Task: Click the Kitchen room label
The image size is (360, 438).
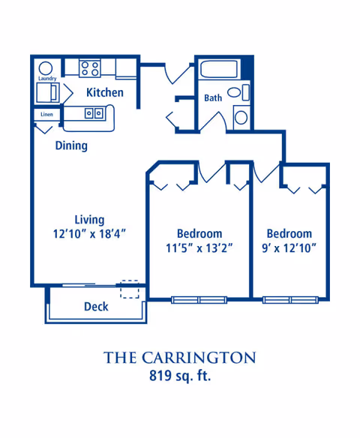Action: (x=105, y=92)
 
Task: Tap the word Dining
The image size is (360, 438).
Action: (x=71, y=145)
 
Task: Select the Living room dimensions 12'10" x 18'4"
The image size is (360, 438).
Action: (x=89, y=234)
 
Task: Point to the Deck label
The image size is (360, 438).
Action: (x=96, y=307)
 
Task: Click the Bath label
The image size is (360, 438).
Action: (x=213, y=97)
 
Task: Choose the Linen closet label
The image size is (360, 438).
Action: (x=46, y=114)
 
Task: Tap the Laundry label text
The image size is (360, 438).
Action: (x=47, y=79)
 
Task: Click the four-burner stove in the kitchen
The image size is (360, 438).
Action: (x=90, y=68)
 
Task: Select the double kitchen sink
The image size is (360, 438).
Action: (x=94, y=113)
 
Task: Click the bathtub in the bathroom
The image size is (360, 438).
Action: (x=219, y=69)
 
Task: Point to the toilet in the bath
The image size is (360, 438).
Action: (x=238, y=92)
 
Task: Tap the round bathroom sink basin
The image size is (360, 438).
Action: (x=241, y=117)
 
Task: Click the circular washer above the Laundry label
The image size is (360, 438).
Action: (x=46, y=68)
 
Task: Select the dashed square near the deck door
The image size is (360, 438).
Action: (x=130, y=289)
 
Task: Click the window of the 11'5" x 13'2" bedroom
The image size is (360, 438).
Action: (x=199, y=300)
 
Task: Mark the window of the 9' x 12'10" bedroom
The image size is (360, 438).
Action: (x=290, y=300)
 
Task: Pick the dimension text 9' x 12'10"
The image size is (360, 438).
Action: (x=289, y=247)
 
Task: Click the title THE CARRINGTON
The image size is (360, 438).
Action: (x=179, y=358)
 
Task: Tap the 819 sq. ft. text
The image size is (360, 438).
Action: (x=180, y=376)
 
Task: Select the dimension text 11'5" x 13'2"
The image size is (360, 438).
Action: (x=199, y=247)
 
